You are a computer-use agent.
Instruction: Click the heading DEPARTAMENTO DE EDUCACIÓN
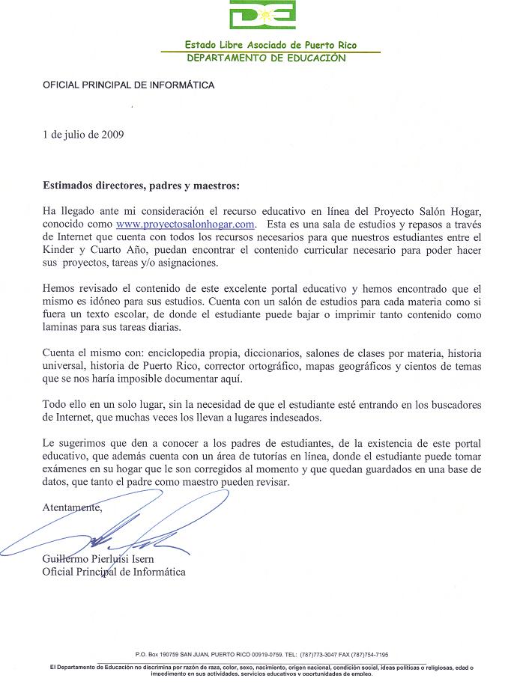click(266, 58)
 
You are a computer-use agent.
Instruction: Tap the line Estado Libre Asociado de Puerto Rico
click(270, 45)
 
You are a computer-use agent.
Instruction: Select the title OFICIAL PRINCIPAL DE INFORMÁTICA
click(128, 85)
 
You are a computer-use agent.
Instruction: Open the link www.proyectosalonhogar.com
click(186, 223)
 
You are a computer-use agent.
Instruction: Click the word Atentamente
click(72, 507)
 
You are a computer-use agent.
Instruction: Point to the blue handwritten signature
click(112, 531)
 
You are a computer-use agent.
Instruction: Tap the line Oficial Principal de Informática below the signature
click(114, 572)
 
